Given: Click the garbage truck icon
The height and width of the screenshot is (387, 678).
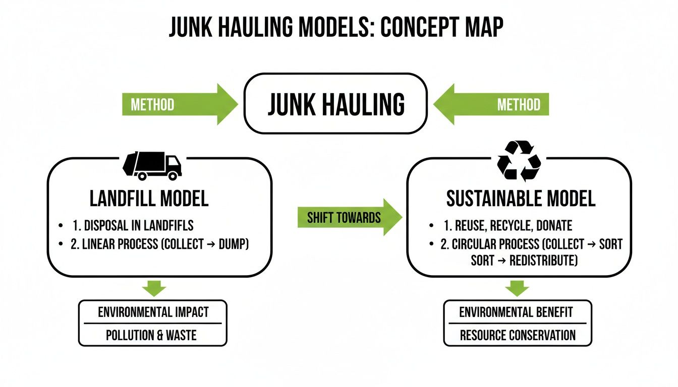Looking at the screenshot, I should tap(152, 165).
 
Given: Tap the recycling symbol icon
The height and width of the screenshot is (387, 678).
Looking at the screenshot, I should tap(519, 161).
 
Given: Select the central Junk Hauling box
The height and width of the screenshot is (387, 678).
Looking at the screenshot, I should tap(335, 104).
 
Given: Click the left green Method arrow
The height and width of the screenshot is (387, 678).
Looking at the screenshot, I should tap(179, 104).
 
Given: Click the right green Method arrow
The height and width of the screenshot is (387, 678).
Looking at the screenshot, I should tap(492, 104).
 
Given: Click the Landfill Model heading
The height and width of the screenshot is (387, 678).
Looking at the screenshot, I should tap(149, 199).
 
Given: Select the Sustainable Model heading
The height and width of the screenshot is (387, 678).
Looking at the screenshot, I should tap(521, 199).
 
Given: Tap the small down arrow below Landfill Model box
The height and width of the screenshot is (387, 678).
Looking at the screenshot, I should tap(154, 288).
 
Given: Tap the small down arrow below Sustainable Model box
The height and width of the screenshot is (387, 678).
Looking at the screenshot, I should tap(517, 288).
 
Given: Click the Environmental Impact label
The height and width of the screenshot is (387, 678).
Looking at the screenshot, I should tap(153, 312).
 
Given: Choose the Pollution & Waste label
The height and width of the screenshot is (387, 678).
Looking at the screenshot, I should tap(151, 335).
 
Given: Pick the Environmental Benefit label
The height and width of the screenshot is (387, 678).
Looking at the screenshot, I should tap(516, 312).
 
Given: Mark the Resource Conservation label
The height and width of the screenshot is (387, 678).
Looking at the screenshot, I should tap(517, 335).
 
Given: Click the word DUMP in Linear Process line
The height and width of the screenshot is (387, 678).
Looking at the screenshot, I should tap(232, 244).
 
